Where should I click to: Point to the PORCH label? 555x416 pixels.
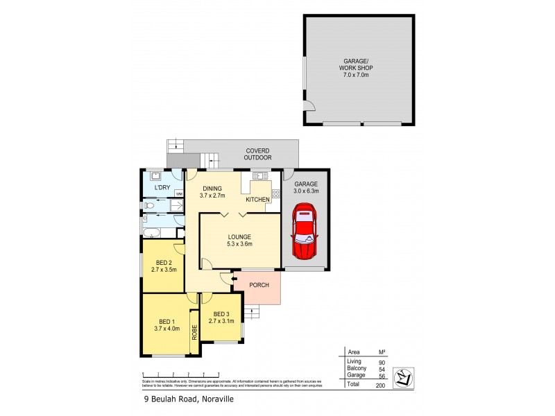259,285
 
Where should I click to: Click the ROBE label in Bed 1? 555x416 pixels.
194,331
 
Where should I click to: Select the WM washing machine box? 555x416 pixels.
178,194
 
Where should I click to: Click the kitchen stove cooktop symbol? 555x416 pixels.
276,193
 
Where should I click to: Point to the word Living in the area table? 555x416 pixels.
354,361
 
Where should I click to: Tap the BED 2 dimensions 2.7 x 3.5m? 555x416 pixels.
164,270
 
